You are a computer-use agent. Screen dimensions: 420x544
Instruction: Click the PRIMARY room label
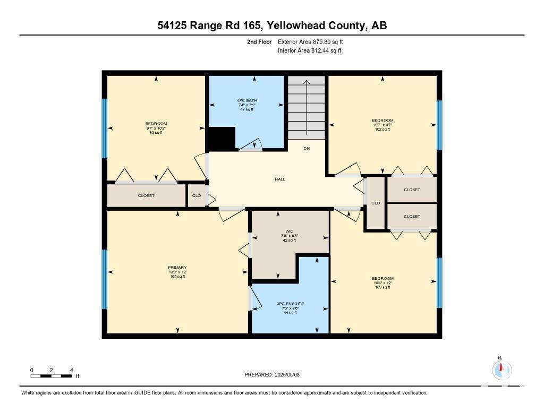(x=177, y=268)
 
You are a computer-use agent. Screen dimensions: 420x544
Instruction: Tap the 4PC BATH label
(x=248, y=100)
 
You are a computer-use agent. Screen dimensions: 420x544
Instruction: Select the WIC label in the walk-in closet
(x=289, y=231)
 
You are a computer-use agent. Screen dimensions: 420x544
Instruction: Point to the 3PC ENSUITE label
(x=289, y=304)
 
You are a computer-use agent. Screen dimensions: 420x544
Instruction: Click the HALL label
(x=280, y=179)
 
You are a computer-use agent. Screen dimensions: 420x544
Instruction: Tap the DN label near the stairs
(x=307, y=148)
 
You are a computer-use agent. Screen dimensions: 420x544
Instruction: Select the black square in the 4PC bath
(x=220, y=139)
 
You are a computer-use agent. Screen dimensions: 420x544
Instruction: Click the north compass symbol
(x=501, y=369)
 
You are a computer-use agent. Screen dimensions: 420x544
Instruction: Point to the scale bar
(x=51, y=376)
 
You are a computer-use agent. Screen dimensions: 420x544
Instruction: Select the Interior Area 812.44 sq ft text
(x=309, y=51)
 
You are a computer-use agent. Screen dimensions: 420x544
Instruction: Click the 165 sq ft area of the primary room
(x=177, y=277)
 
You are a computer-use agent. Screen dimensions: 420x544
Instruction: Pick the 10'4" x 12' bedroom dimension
(x=382, y=283)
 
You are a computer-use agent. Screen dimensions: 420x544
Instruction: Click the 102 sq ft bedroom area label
(x=382, y=129)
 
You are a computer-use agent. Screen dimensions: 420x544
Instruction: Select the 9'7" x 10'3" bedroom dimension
(x=156, y=128)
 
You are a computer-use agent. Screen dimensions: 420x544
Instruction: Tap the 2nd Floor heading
(x=259, y=41)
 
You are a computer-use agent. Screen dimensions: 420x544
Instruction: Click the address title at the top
(x=271, y=25)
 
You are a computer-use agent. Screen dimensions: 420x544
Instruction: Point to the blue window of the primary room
(x=105, y=279)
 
